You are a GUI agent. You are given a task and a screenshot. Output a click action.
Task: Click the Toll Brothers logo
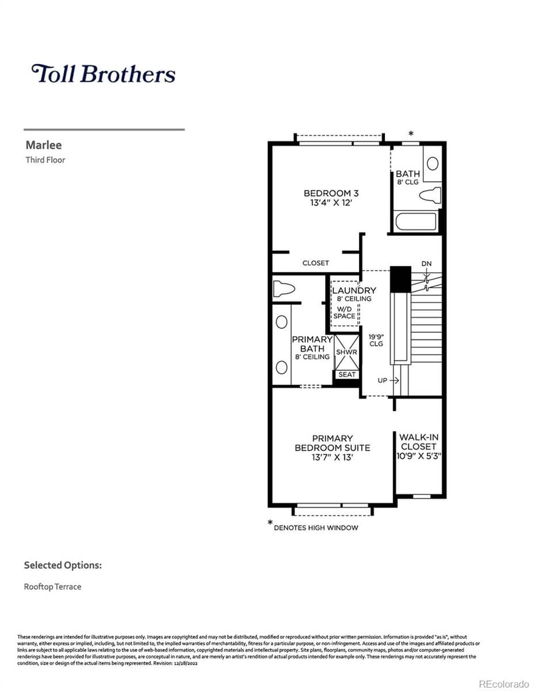coord(103,74)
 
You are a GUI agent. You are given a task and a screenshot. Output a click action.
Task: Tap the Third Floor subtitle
coord(45,160)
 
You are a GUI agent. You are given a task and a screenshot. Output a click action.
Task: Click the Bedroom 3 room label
coord(326,193)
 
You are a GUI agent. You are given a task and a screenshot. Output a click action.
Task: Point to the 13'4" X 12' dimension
coord(326,204)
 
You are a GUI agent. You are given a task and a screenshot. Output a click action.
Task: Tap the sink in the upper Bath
coord(432,163)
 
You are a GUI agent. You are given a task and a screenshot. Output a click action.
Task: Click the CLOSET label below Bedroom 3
coord(315,263)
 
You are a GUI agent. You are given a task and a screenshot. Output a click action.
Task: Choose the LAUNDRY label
coord(354,291)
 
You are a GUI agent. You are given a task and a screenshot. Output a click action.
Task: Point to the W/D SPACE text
coord(344,312)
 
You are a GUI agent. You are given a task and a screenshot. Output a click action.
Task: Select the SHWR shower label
coord(346,352)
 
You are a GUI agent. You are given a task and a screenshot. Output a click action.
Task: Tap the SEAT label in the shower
coord(346,375)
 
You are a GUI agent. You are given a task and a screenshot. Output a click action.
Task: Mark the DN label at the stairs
coord(426,264)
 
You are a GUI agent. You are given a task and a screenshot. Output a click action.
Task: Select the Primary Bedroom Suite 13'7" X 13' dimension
coord(332,458)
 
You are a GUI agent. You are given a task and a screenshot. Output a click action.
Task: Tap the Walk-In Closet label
coord(418,442)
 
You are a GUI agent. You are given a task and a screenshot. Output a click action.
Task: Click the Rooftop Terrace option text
coord(53,587)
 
